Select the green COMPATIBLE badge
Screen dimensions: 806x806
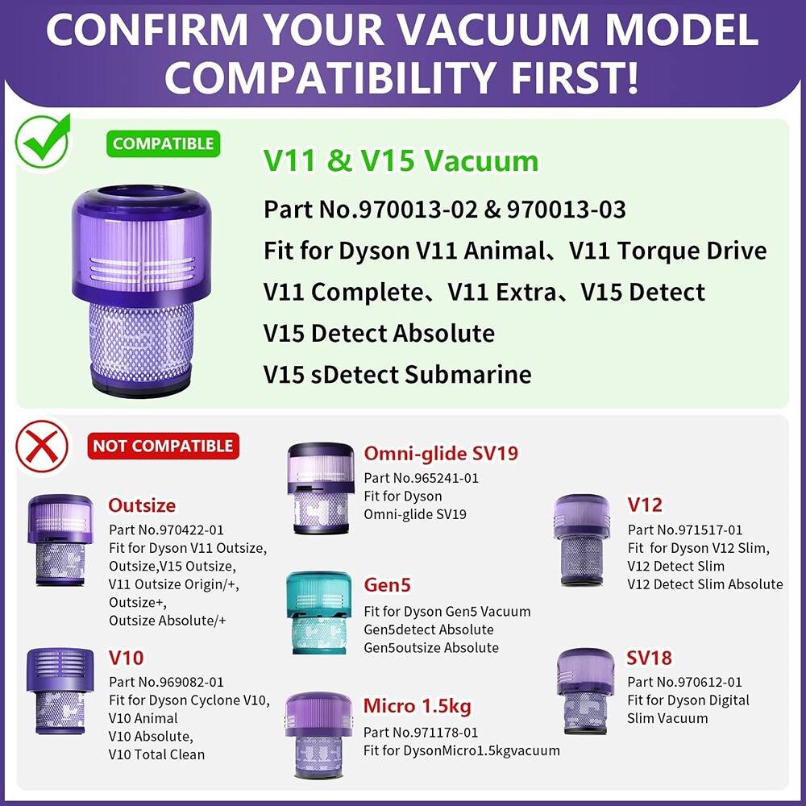pyautogui.click(x=163, y=144)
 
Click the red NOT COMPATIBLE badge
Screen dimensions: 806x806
pyautogui.click(x=163, y=446)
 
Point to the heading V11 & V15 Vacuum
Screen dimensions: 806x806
pyautogui.click(x=401, y=160)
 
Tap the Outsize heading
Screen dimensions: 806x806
pyautogui.click(x=142, y=505)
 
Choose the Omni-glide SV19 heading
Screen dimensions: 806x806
pyautogui.click(x=441, y=453)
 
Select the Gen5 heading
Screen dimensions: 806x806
pyautogui.click(x=388, y=584)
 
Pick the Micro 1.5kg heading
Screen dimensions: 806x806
pyautogui.click(x=418, y=706)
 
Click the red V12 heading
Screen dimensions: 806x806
pyautogui.click(x=645, y=505)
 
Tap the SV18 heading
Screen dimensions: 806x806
pyautogui.click(x=649, y=658)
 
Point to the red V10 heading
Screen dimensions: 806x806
pyautogui.click(x=126, y=658)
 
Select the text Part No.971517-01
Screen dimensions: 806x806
pyautogui.click(x=685, y=530)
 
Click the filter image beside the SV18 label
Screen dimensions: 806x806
pyautogui.click(x=585, y=690)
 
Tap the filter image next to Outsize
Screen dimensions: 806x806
pyautogui.click(x=60, y=539)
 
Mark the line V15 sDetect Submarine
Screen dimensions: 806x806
pyautogui.click(x=397, y=375)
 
